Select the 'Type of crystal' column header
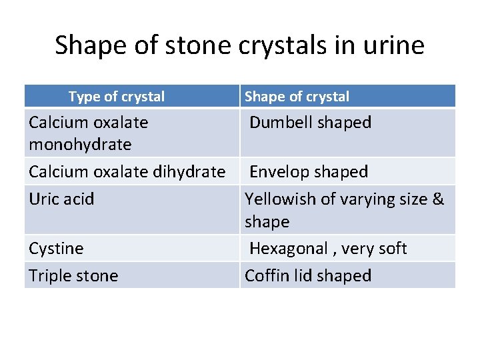click(117, 97)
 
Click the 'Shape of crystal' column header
click(297, 97)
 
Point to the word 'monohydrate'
click(80, 144)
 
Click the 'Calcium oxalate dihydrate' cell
click(127, 172)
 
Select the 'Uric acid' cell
click(61, 199)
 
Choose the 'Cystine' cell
click(56, 249)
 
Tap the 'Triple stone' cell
click(73, 276)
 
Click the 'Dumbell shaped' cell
click(310, 123)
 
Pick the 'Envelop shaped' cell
click(309, 172)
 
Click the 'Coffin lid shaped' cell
click(308, 276)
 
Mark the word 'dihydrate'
click(189, 172)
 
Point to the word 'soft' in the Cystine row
click(391, 249)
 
